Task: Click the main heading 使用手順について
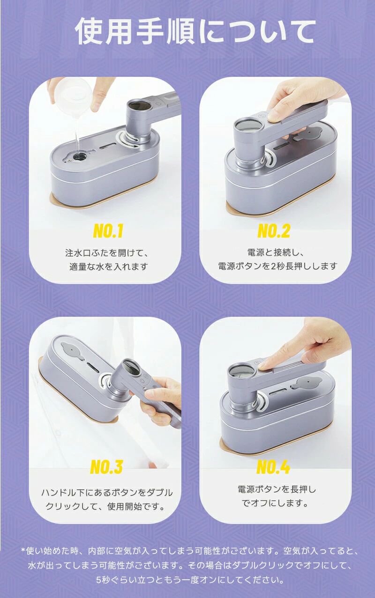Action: coord(195,32)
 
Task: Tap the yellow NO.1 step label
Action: coord(108,231)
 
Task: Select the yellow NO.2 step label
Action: coord(273,231)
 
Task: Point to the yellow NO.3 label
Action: coord(107,467)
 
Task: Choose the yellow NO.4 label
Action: coord(273,467)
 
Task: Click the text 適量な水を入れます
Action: coord(109,266)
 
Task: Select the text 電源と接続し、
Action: coord(276,252)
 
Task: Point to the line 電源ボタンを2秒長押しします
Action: coord(277,266)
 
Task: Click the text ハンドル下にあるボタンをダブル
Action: coord(107,493)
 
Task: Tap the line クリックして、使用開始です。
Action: coord(105,506)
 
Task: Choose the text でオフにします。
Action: coord(275,503)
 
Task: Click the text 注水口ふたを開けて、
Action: coord(107,252)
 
